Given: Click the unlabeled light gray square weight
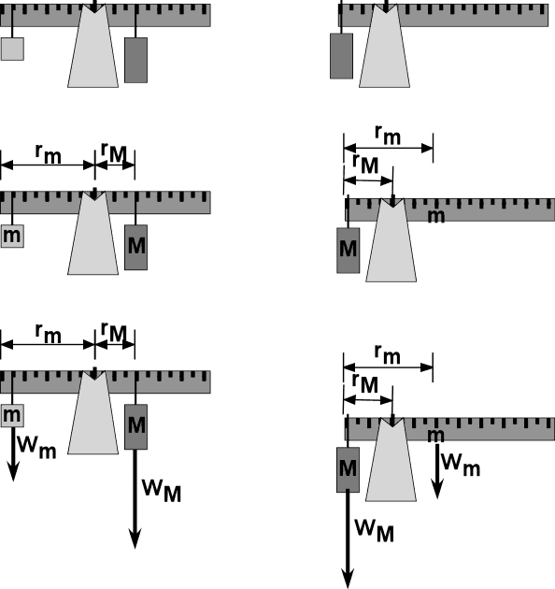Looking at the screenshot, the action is [x=12, y=49].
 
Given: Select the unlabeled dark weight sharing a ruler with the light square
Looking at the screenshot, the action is [x=135, y=60].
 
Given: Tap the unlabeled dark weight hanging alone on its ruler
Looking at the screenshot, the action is [x=341, y=56].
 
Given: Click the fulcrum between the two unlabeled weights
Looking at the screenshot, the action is [x=93, y=46].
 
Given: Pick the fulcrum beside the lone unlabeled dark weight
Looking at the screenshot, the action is [x=385, y=46].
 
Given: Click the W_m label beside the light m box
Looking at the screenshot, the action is [x=36, y=447].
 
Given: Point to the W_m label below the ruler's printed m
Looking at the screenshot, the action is [x=461, y=465].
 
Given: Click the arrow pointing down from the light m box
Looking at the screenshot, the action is [x=13, y=453].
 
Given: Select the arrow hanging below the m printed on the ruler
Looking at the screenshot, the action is [x=437, y=471].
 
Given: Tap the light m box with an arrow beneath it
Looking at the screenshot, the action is [x=12, y=415].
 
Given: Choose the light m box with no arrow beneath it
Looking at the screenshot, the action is [x=12, y=236].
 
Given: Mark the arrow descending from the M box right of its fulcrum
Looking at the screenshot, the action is [x=135, y=499].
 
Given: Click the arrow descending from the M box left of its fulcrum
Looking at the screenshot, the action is [x=348, y=539].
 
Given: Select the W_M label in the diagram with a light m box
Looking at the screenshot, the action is [x=162, y=491].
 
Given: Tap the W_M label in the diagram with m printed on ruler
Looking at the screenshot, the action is [x=375, y=530].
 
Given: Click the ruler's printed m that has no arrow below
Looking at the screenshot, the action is [x=436, y=216].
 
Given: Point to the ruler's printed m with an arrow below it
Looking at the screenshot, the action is [x=436, y=436].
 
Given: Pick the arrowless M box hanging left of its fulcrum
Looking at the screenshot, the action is [x=349, y=251].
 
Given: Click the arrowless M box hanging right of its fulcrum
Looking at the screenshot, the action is [x=135, y=247].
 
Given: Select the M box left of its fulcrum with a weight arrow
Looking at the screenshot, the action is [x=349, y=469].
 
